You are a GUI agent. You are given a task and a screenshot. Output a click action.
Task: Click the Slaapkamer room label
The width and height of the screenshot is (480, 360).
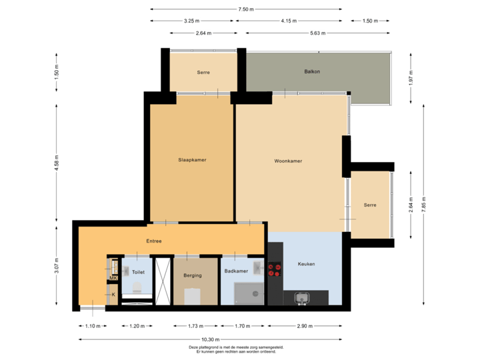[192, 160]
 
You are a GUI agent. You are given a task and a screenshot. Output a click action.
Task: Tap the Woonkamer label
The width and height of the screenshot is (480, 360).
[288, 161]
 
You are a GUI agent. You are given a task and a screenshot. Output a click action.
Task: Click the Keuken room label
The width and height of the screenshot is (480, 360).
[306, 264]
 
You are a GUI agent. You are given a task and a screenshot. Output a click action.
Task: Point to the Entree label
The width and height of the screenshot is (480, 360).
[154, 241]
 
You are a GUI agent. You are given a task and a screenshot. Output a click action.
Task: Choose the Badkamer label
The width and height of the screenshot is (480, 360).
[236, 271]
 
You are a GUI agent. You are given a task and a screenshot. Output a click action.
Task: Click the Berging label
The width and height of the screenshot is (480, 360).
[192, 275]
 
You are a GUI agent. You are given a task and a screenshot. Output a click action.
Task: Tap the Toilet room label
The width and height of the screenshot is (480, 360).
[138, 272]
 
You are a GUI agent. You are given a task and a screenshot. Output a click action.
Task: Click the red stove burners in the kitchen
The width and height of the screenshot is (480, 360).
[274, 269]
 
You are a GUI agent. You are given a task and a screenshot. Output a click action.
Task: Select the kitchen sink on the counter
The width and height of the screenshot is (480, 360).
[302, 297]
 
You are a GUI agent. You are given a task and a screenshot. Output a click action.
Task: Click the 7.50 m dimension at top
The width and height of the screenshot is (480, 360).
[246, 9]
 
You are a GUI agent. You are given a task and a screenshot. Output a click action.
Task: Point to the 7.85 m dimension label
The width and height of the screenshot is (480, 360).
[423, 203]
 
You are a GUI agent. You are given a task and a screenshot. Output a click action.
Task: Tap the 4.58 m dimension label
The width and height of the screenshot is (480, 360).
[56, 162]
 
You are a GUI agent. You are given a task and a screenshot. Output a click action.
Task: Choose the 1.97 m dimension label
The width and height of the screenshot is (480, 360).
[411, 81]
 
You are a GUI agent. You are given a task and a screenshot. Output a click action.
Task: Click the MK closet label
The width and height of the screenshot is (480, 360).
[113, 278]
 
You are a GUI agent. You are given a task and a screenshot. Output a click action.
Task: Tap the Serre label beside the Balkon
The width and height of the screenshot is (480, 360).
[203, 72]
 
